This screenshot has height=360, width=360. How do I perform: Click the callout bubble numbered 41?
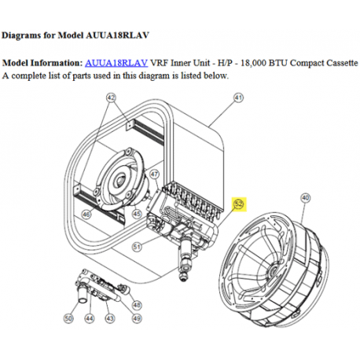(238, 98)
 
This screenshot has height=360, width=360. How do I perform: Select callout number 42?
(111, 98)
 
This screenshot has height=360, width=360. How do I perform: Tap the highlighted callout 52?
(239, 204)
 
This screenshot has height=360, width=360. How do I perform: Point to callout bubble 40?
(306, 198)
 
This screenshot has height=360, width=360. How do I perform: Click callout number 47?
(155, 174)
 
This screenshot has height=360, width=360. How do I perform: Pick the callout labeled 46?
(86, 215)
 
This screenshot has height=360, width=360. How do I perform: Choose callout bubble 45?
(137, 214)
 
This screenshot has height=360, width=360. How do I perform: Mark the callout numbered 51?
(137, 247)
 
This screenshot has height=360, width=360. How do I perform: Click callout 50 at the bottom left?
(68, 318)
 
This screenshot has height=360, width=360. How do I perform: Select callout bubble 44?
(90, 318)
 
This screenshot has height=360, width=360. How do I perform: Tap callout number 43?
(110, 318)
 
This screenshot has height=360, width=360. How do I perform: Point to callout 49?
(137, 318)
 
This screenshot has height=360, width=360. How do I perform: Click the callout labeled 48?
(137, 305)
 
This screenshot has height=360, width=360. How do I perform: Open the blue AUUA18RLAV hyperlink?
(116, 63)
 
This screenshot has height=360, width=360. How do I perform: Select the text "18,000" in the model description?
(252, 63)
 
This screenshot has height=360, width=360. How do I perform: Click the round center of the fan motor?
(120, 181)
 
